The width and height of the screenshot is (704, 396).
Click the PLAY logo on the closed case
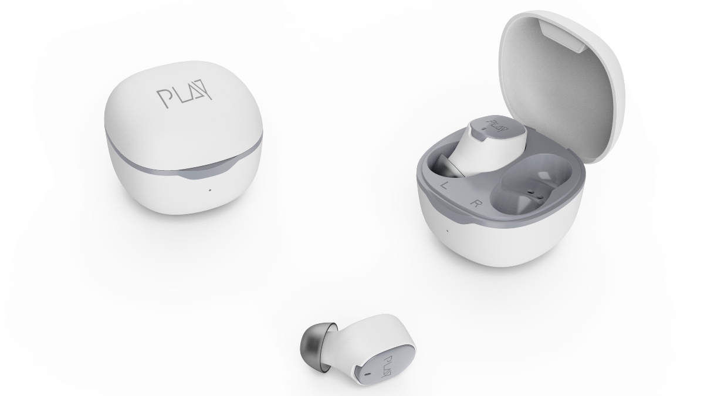184,98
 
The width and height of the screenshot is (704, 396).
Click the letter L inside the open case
445,184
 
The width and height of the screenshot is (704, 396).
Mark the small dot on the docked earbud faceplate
482,128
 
